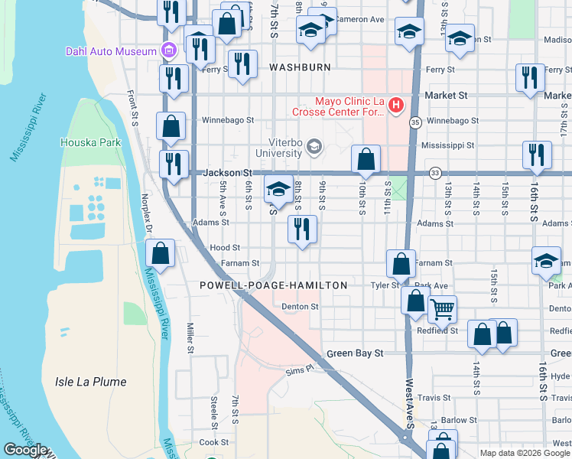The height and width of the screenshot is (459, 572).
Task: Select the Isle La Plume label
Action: (x=90, y=382)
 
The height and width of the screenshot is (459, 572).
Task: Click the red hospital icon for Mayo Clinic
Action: (x=396, y=104)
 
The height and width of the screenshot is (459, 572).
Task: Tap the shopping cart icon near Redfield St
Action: (x=442, y=310)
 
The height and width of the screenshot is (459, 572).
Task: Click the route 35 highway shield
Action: (x=415, y=122)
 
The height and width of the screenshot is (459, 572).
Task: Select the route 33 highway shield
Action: (x=434, y=173)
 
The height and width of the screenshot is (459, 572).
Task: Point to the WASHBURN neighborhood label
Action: (x=300, y=67)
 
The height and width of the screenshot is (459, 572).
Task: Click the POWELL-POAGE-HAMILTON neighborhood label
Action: (x=273, y=285)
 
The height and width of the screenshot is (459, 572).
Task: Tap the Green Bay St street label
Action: (x=354, y=353)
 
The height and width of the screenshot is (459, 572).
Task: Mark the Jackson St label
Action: (x=227, y=174)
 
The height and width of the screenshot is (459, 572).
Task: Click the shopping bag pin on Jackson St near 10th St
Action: (x=366, y=159)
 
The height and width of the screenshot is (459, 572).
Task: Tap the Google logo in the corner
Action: (x=25, y=450)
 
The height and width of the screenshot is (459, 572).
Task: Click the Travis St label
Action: (x=434, y=398)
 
